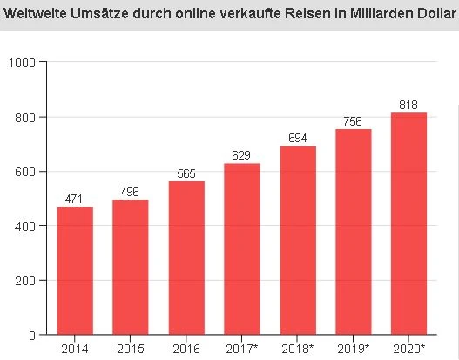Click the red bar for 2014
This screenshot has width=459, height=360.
(x=75, y=270)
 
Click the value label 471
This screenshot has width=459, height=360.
(x=75, y=200)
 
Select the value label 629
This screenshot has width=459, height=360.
(x=241, y=156)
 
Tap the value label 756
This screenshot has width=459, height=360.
(x=354, y=122)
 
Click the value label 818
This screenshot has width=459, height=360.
(x=408, y=105)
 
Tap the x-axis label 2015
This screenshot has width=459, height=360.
(x=131, y=350)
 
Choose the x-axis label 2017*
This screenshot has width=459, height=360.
(x=243, y=350)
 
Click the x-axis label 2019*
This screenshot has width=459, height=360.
(x=354, y=350)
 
